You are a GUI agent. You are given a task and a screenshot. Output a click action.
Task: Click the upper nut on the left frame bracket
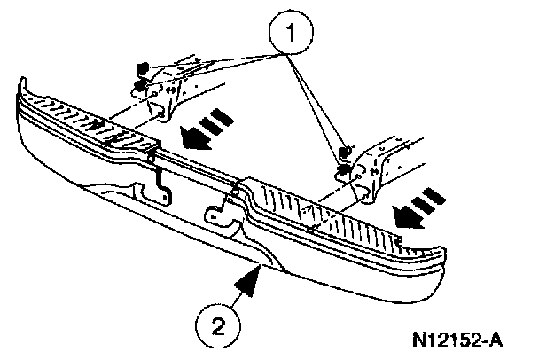(x=140, y=67)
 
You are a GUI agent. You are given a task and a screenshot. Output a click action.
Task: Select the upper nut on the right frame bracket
(x=347, y=148)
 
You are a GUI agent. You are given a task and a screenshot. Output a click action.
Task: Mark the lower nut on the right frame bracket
(x=341, y=168)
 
